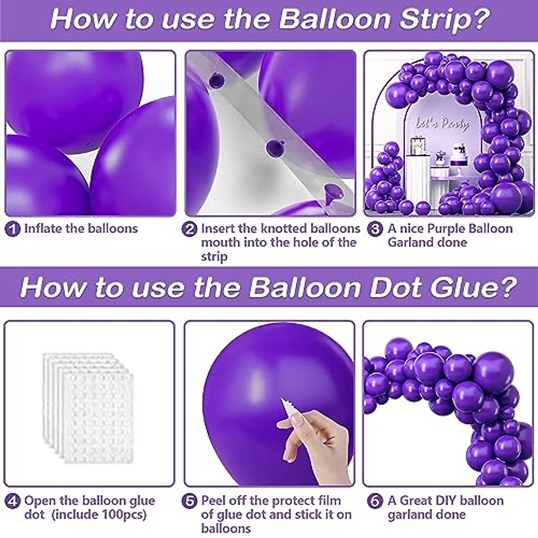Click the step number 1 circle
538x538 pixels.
13,230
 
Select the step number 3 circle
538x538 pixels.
374,230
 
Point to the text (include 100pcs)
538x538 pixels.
100,514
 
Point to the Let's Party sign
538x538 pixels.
442,123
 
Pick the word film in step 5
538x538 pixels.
330,500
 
